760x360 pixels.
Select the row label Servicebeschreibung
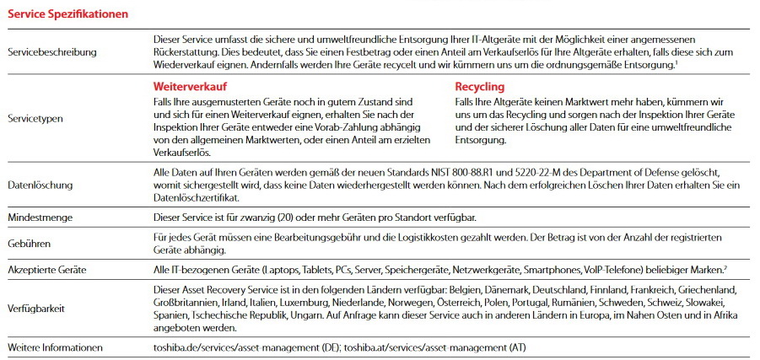pyautogui.click(x=51, y=51)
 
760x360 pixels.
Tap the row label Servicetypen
pyautogui.click(x=35, y=119)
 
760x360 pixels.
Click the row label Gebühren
pyautogui.click(x=29, y=244)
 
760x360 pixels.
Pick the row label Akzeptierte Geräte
pyautogui.click(x=46, y=271)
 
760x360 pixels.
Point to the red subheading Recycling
pyautogui.click(x=479, y=87)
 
